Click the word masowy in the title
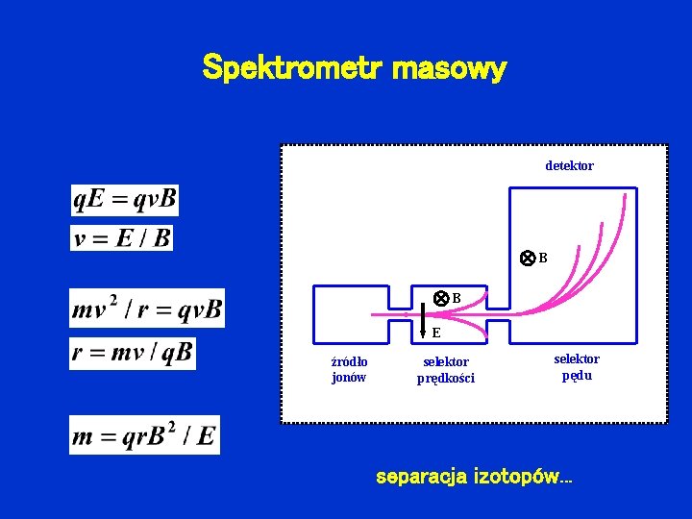tap(450, 69)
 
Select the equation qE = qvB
tap(125, 200)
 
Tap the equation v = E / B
tap(122, 237)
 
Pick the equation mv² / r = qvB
tap(147, 309)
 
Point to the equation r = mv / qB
tap(133, 353)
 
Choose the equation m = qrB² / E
tap(144, 435)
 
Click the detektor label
tap(569, 166)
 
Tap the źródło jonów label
tap(349, 369)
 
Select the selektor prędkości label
tap(446, 369)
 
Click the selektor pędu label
tap(577, 367)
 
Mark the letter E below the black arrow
tap(436, 334)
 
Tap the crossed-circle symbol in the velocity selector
tap(440, 298)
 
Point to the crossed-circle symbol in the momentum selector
tap(527, 259)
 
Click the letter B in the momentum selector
tap(543, 259)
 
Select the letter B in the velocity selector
tap(457, 298)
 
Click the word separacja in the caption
tap(421, 477)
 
